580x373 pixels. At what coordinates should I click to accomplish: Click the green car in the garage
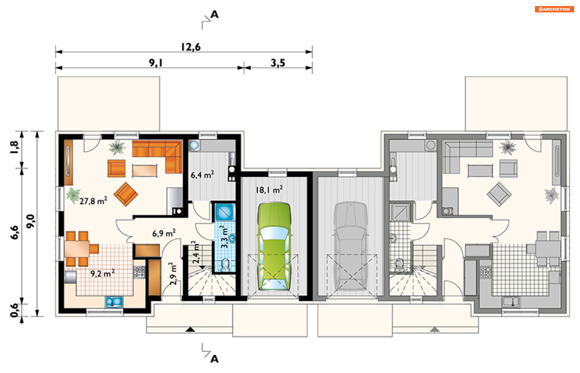(274, 246)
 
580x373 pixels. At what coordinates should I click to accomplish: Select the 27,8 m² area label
(93, 201)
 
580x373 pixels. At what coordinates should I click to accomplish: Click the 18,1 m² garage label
(269, 190)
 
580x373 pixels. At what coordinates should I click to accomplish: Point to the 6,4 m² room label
(202, 174)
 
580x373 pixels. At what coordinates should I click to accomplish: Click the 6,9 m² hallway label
(164, 233)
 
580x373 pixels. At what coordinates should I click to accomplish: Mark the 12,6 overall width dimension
(191, 47)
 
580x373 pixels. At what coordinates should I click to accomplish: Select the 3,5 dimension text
(278, 63)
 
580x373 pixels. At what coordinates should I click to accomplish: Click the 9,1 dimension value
(156, 63)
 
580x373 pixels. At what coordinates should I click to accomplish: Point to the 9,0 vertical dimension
(31, 221)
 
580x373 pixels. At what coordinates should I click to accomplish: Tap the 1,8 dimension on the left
(14, 147)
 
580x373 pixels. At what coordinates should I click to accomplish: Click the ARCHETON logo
(554, 9)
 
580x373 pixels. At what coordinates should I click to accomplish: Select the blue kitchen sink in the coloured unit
(114, 302)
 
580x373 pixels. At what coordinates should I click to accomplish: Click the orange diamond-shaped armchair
(126, 194)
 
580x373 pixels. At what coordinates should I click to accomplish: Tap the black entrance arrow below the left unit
(190, 329)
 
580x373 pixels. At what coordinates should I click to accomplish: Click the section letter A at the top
(214, 14)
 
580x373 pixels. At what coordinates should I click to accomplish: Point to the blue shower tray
(224, 212)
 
